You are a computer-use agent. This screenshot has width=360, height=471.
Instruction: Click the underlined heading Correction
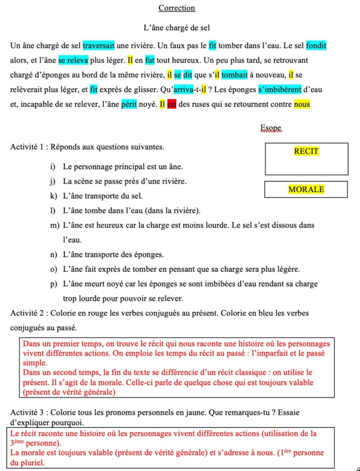click(x=177, y=8)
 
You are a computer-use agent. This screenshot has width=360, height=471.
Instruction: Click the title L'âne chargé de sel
click(x=177, y=28)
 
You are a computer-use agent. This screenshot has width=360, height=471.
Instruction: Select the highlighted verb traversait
click(x=99, y=46)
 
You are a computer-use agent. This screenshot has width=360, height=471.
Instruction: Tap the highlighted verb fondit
click(x=316, y=46)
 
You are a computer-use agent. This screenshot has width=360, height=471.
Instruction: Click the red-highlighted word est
click(x=171, y=104)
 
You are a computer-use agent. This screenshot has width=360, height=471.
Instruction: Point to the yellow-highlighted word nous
click(x=302, y=104)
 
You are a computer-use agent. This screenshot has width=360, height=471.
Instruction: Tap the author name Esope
click(x=270, y=128)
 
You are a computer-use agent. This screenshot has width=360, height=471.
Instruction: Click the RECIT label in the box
click(x=306, y=151)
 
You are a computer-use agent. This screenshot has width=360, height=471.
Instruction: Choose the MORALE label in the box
click(x=306, y=189)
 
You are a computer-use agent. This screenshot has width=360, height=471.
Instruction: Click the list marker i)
click(x=54, y=167)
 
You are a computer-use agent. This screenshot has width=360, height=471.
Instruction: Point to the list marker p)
click(x=54, y=284)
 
